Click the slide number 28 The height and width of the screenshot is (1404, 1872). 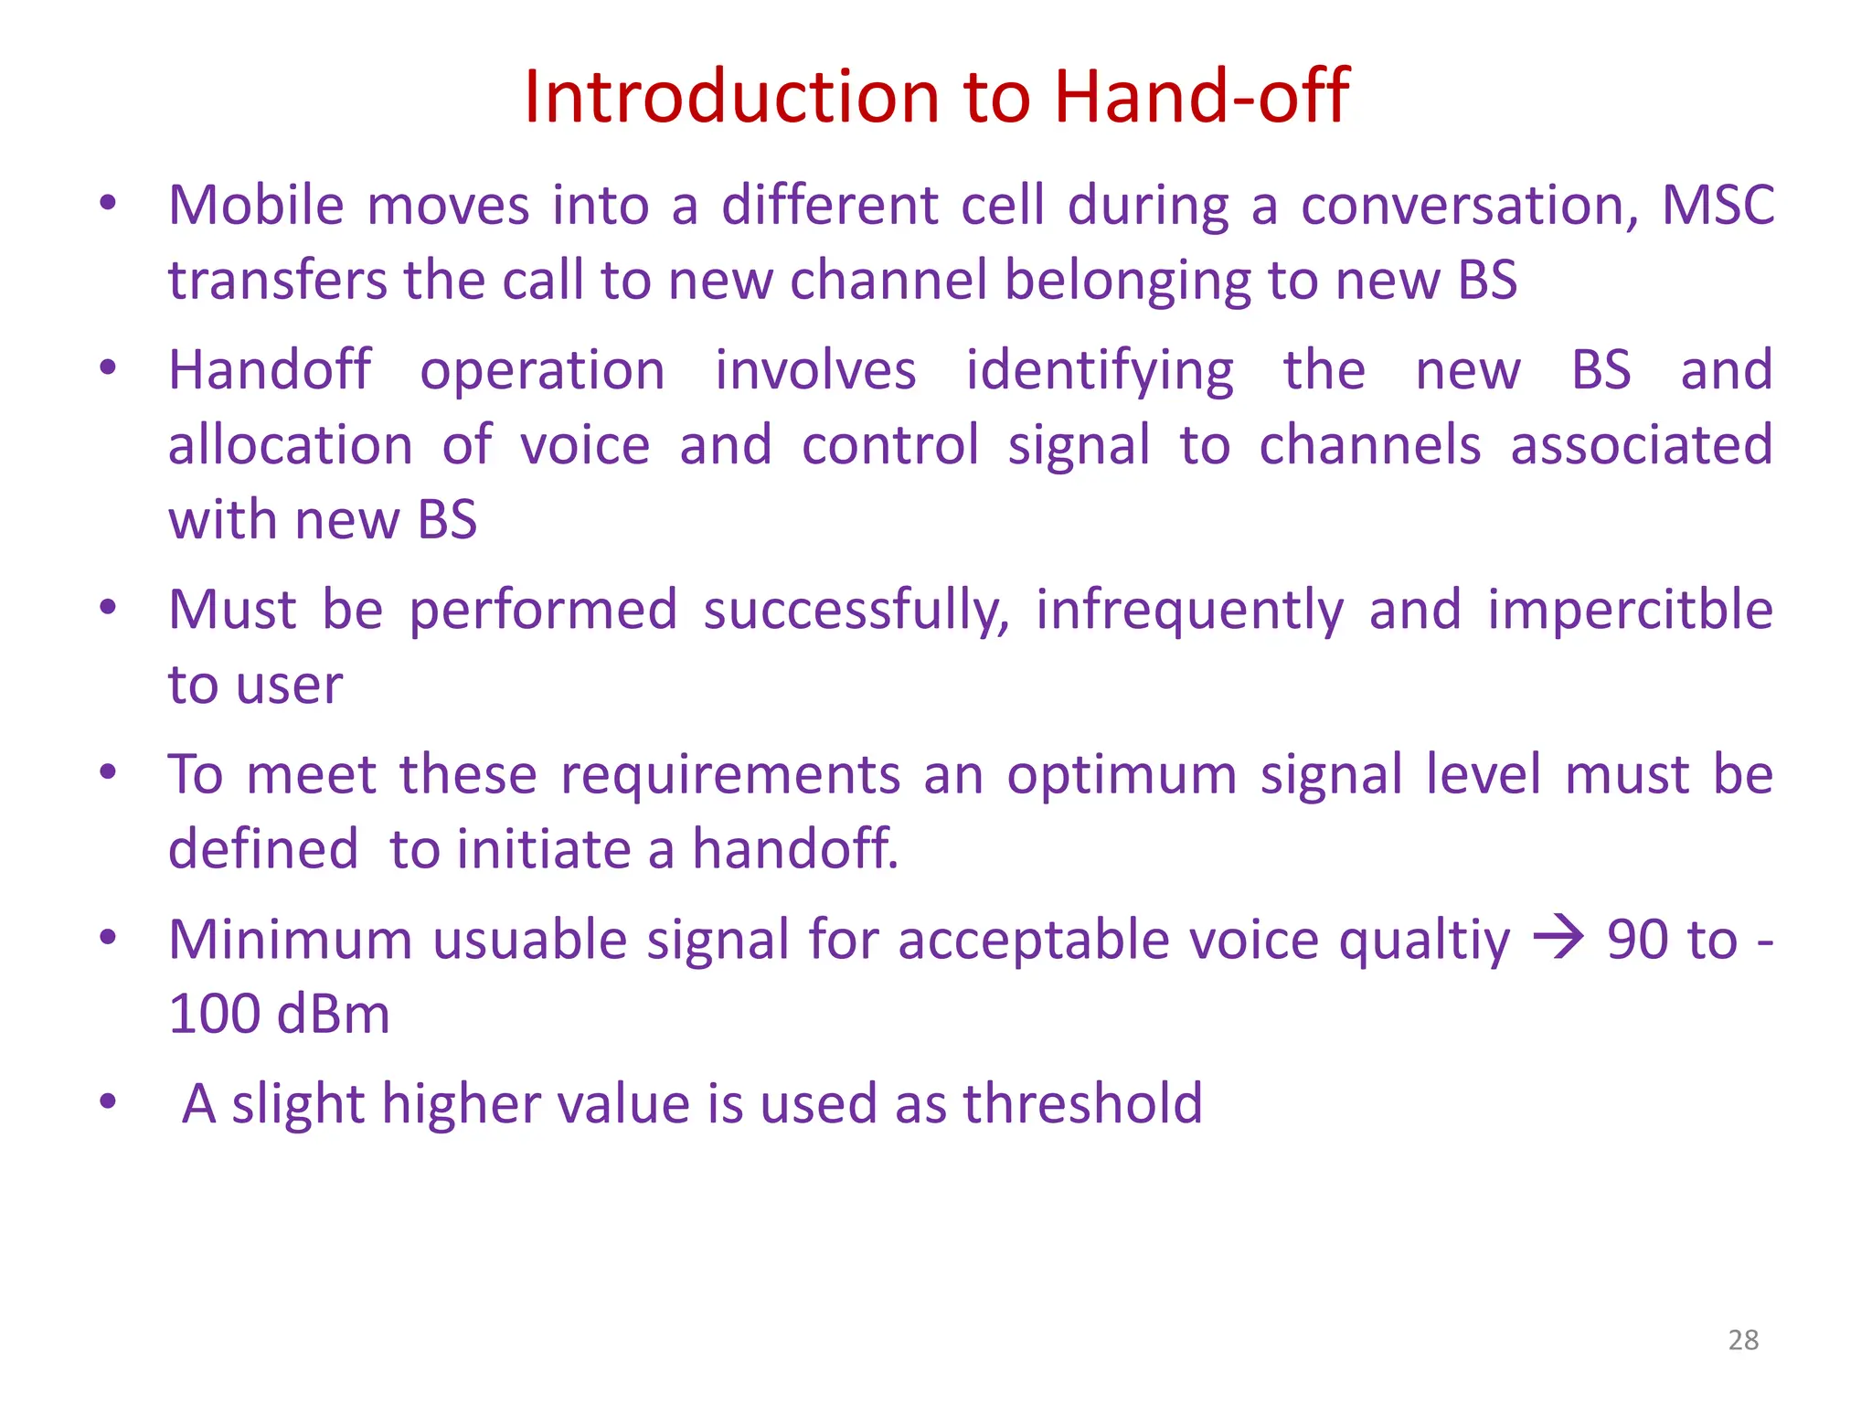[x=1743, y=1340]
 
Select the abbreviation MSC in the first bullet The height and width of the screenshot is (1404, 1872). [x=1717, y=205]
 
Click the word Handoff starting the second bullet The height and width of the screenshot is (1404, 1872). [x=270, y=370]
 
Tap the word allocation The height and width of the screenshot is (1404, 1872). [x=291, y=445]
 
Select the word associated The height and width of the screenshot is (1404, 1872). [x=1641, y=445]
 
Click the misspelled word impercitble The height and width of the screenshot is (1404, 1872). [x=1630, y=611]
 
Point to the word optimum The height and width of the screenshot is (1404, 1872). [x=1122, y=775]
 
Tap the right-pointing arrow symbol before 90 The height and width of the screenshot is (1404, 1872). [x=1558, y=939]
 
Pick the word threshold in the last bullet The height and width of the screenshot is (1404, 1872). [x=1082, y=1103]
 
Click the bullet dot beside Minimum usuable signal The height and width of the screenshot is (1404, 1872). [x=108, y=937]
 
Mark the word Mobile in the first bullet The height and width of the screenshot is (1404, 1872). [x=256, y=205]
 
